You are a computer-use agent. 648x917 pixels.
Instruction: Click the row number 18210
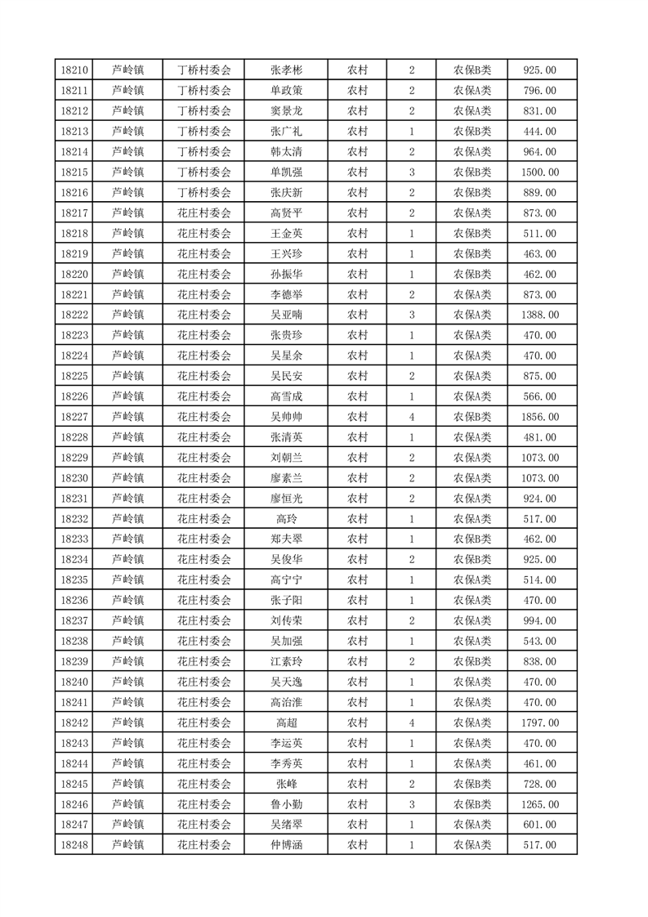tap(74, 70)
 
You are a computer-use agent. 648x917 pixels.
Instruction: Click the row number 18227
tap(74, 417)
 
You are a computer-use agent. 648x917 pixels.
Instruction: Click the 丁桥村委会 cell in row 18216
tap(204, 193)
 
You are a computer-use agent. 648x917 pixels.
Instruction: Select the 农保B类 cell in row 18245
tap(472, 784)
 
